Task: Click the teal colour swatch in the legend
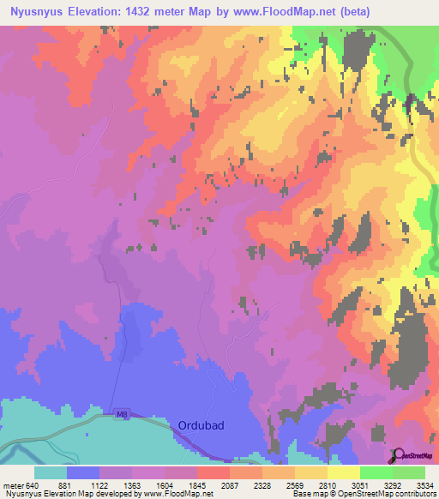(50, 473)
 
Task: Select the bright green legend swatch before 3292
(376, 473)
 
